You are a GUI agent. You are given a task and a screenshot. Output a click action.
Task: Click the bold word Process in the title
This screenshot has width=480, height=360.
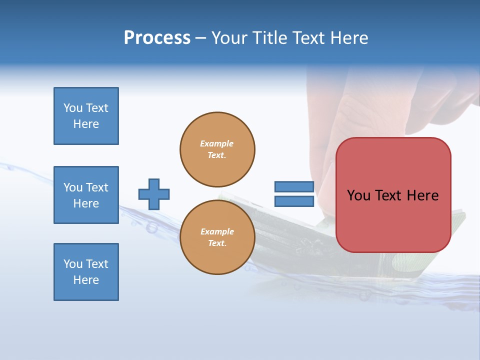pyautogui.click(x=157, y=38)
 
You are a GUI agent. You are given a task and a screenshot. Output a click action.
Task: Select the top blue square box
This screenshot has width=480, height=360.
pyautogui.click(x=86, y=116)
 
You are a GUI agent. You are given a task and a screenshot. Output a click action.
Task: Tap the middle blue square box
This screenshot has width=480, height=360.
pyautogui.click(x=86, y=195)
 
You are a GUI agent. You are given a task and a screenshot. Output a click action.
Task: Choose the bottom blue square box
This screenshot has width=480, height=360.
pyautogui.click(x=86, y=272)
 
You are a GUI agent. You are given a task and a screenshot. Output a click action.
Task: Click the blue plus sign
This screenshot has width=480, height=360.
pyautogui.click(x=154, y=194)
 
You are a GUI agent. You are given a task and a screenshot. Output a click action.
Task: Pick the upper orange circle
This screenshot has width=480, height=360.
pyautogui.click(x=217, y=149)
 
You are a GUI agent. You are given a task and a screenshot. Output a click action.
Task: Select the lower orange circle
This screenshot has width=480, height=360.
pyautogui.click(x=217, y=237)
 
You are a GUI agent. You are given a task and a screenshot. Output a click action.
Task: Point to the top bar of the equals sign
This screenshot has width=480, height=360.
pyautogui.click(x=294, y=187)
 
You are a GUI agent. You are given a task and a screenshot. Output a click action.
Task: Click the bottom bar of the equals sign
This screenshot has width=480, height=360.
pyautogui.click(x=294, y=201)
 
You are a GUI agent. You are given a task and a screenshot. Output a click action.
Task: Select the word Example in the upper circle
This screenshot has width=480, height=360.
pyautogui.click(x=217, y=143)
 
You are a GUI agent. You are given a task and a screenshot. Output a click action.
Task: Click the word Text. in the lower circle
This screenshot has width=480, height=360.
pyautogui.click(x=217, y=243)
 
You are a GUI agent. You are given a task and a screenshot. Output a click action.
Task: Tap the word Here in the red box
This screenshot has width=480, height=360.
pyautogui.click(x=422, y=195)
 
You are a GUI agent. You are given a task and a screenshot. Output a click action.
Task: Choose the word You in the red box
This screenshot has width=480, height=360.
pyautogui.click(x=358, y=195)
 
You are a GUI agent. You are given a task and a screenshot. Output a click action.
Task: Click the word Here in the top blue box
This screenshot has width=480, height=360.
pyautogui.click(x=86, y=124)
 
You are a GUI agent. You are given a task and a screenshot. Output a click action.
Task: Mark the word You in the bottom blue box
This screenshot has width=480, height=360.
pyautogui.click(x=73, y=264)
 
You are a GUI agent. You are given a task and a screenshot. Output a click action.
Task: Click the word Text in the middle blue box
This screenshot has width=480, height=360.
pyautogui.click(x=97, y=187)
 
